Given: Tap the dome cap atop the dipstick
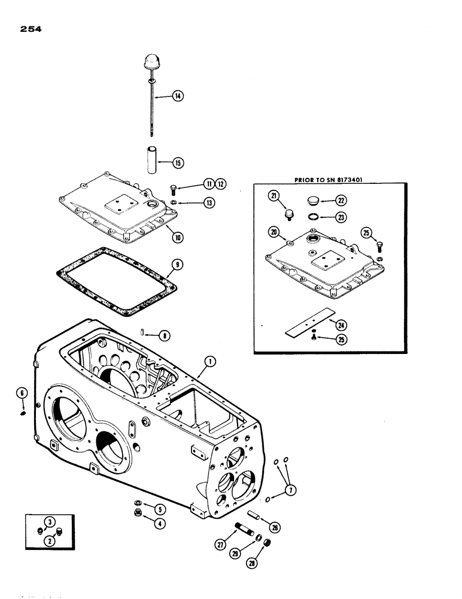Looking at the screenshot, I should (x=150, y=63).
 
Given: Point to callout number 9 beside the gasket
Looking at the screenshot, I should (x=175, y=264).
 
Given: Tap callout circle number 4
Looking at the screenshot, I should (x=160, y=523).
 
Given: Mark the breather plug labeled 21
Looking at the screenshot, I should (x=291, y=213).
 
